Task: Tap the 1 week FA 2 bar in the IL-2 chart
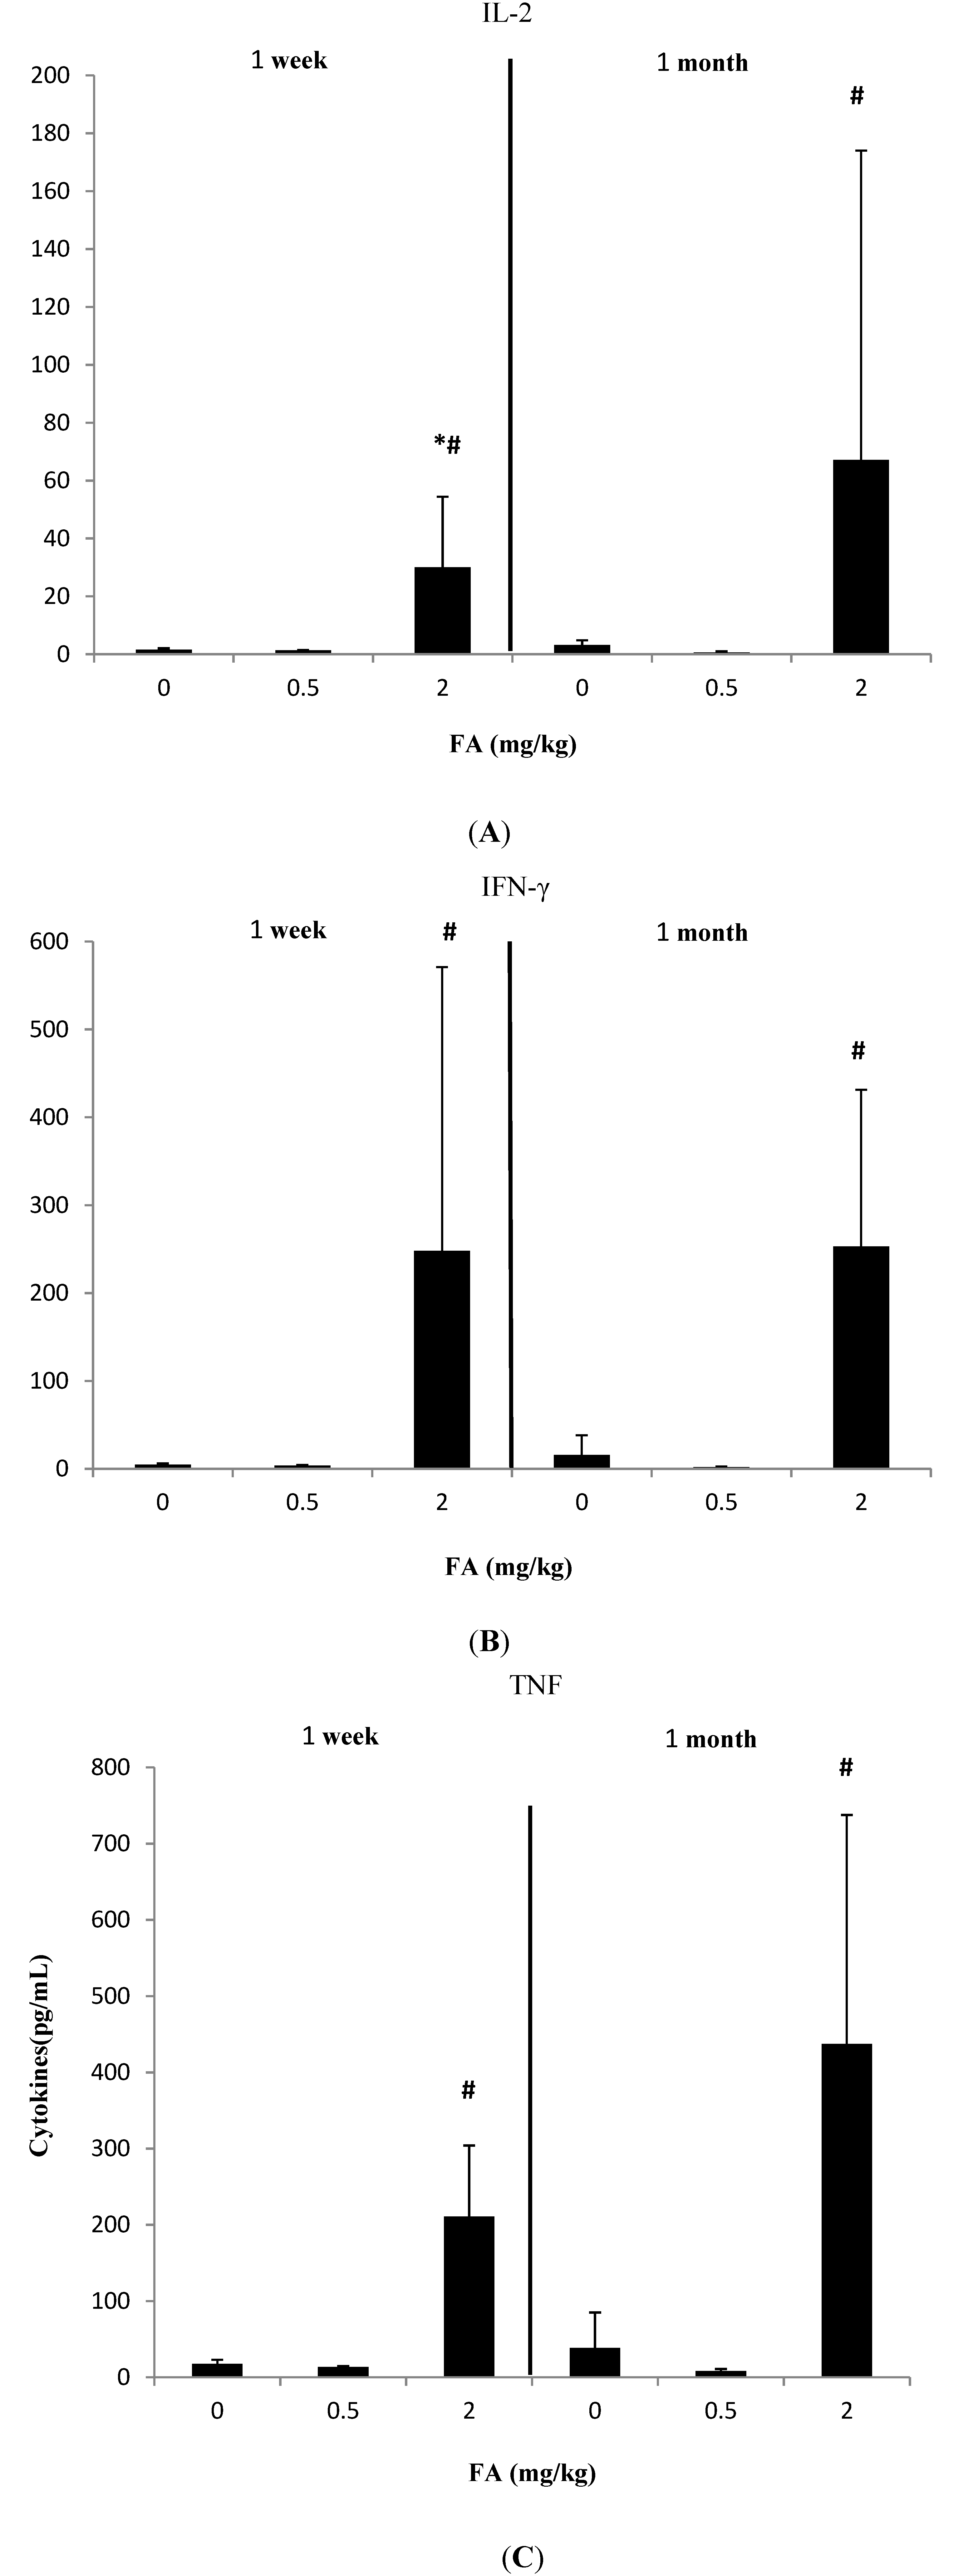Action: (x=442, y=611)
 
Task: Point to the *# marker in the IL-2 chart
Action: (x=447, y=444)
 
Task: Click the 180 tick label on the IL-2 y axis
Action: (x=50, y=133)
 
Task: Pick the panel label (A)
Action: (x=489, y=833)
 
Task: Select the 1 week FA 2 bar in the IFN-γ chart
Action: (x=442, y=1360)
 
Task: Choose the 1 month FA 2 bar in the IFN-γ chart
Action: (x=861, y=1357)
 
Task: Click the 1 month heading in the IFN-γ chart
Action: (x=702, y=933)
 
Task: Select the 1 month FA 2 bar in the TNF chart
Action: (x=846, y=2210)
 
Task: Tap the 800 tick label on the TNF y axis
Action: (x=111, y=1767)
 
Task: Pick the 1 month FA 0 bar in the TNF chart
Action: (x=595, y=2362)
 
